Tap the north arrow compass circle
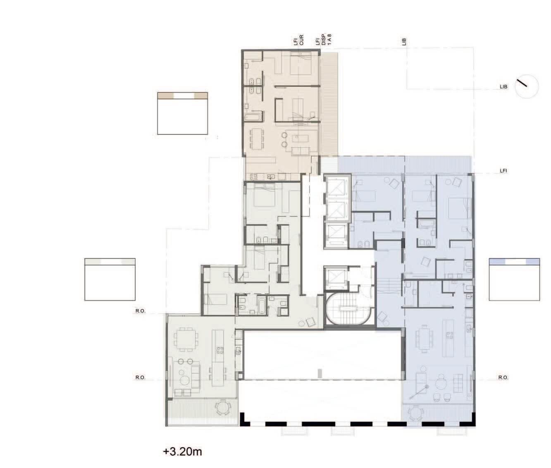pos(527,86)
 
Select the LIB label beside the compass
pos(503,87)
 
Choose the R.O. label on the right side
pos(503,377)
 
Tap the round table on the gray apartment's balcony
pos(223,407)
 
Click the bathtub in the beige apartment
pos(255,117)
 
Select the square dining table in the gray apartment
pos(186,339)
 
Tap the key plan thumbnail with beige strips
pos(183,113)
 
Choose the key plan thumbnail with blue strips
pos(515,279)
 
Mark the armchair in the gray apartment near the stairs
pos(311,322)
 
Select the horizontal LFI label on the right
pos(503,171)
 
